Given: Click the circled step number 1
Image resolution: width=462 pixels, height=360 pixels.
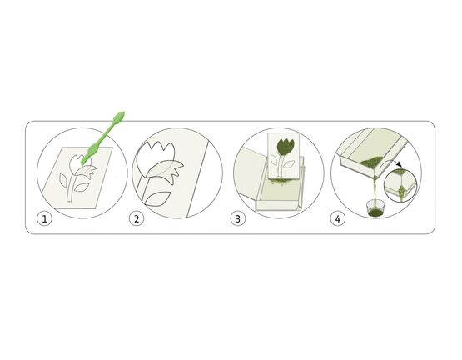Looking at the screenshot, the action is (x=44, y=219).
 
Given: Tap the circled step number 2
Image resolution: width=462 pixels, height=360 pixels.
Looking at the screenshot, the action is (x=137, y=219).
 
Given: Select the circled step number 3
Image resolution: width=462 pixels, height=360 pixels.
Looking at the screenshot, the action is (x=237, y=219).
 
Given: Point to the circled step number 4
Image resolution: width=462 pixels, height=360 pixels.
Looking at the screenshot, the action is (x=338, y=219).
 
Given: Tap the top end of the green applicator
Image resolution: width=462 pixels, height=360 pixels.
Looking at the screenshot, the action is (x=123, y=112).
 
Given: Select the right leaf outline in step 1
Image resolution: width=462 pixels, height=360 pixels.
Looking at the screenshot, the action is (x=82, y=187).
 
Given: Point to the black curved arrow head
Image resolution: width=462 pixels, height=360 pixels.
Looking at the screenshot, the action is (x=399, y=164).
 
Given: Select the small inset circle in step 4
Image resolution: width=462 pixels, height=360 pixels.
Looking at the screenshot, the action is (x=400, y=185).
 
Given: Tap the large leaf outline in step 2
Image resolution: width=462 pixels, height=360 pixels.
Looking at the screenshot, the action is (x=158, y=199).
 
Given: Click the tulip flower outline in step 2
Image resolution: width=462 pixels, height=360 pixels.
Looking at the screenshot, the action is (x=153, y=159).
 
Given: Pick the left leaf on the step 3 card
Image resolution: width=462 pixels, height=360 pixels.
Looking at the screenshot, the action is (x=274, y=161).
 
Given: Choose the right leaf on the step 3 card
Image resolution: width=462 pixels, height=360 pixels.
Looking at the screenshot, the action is (x=289, y=164).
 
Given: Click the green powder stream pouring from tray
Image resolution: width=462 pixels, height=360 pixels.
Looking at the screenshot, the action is (x=375, y=189).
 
